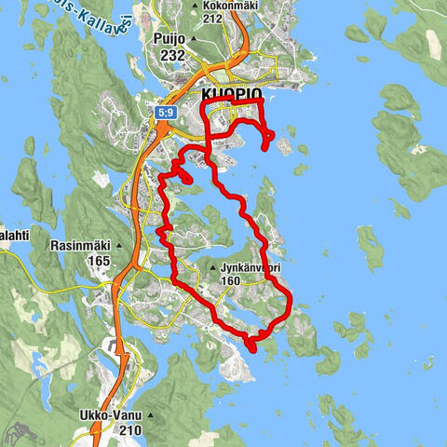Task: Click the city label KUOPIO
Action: click(232, 97)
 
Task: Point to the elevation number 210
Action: click(131, 431)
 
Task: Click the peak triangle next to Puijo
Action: click(193, 40)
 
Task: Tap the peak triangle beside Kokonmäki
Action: click(194, 6)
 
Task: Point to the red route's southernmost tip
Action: click(251, 349)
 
